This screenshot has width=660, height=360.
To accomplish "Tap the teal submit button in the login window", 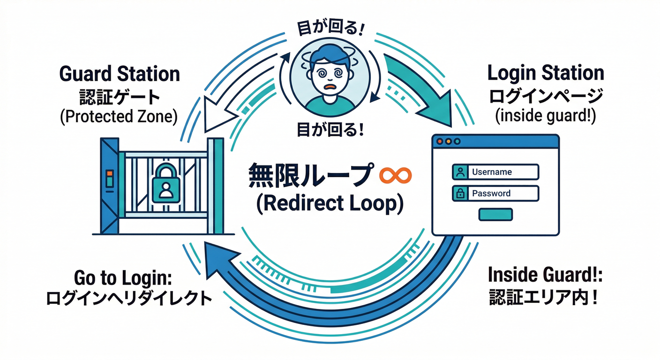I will click(x=495, y=214).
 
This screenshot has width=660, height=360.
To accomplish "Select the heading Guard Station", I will click(x=120, y=74).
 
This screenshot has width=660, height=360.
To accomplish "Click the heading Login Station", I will click(x=546, y=73).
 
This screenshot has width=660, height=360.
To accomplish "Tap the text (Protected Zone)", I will click(x=119, y=116).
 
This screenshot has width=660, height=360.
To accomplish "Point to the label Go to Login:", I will click(x=124, y=278).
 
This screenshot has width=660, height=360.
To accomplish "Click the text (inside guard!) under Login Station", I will click(x=546, y=116).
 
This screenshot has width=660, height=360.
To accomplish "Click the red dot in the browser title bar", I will click(x=440, y=141).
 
